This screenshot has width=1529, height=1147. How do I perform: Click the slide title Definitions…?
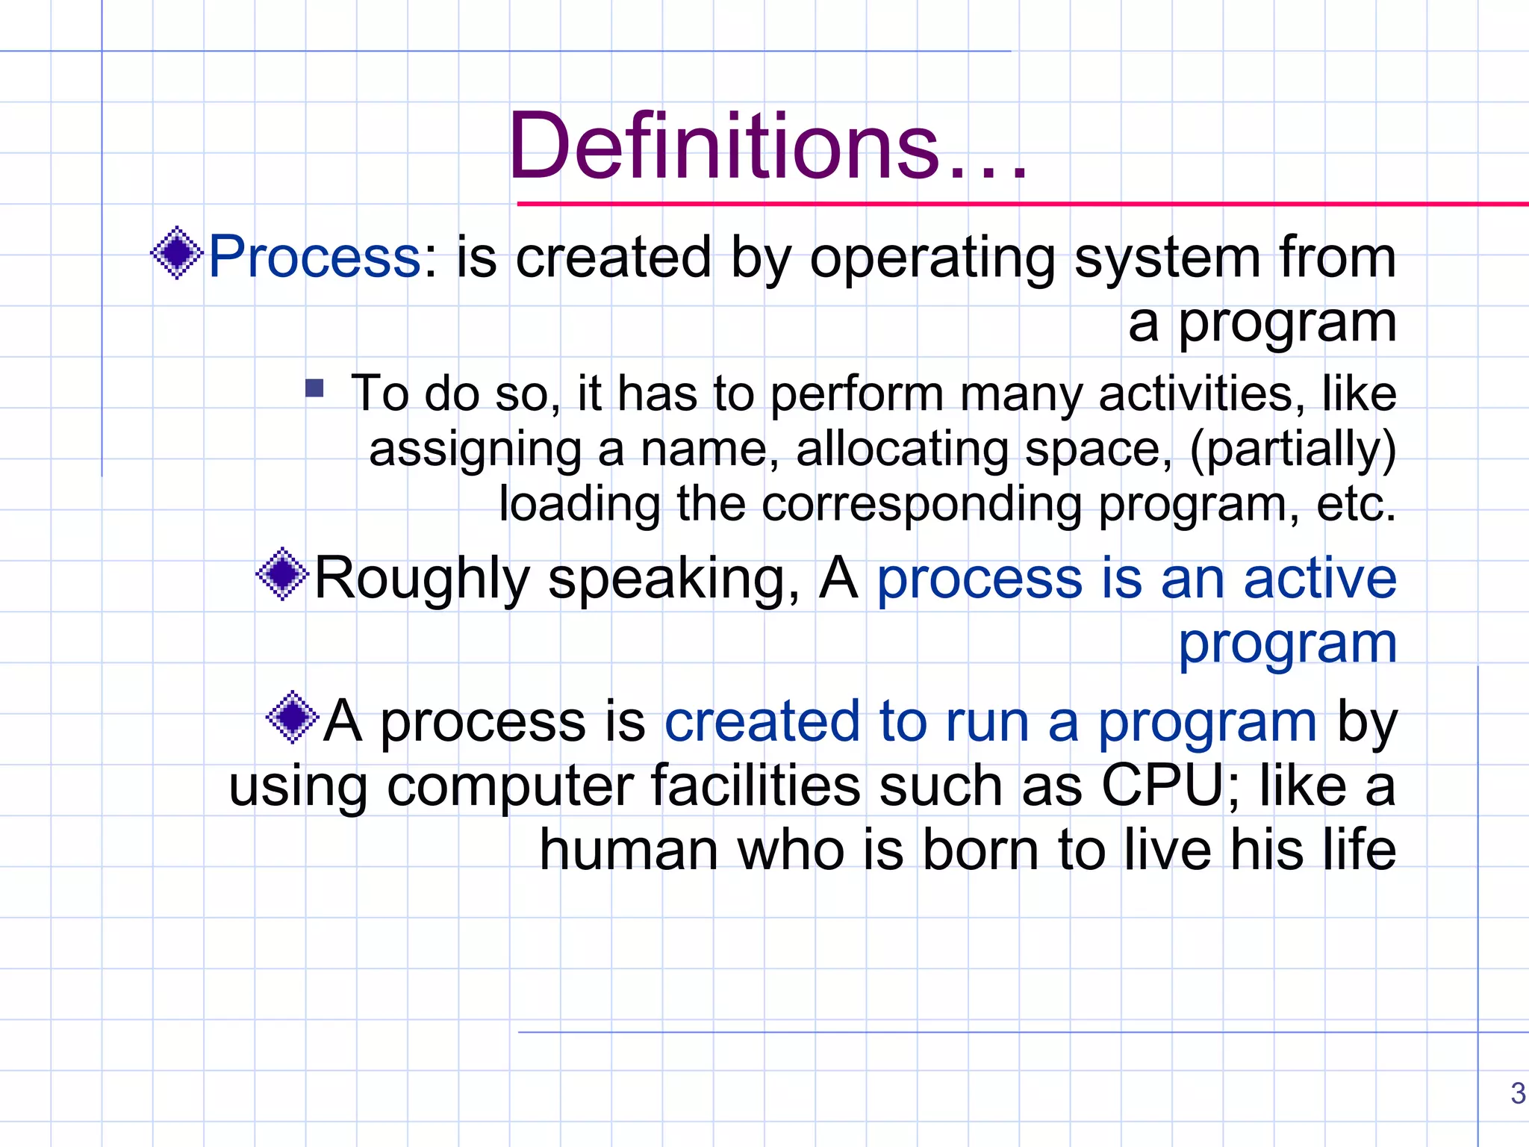[767, 146]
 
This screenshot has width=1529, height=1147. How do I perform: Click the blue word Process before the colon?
[314, 256]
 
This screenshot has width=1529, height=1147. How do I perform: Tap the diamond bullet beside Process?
[177, 253]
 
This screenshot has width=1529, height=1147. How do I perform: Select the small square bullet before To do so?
[314, 388]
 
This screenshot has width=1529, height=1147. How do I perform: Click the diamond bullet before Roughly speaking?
[282, 574]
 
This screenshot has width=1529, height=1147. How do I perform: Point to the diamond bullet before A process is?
[293, 717]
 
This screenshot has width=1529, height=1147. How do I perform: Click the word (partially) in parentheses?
[1292, 450]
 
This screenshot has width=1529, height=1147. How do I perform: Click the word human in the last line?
[629, 850]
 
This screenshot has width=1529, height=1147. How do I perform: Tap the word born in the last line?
[980, 850]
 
